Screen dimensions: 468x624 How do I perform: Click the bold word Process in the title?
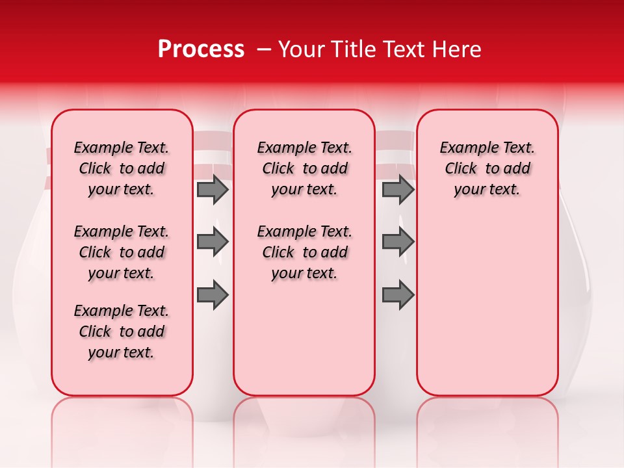point(201,49)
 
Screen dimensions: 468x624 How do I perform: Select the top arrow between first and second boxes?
point(213,190)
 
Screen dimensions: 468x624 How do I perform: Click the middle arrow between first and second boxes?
point(213,242)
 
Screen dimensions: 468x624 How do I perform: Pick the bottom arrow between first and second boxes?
point(213,295)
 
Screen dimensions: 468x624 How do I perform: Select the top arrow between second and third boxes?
point(398,190)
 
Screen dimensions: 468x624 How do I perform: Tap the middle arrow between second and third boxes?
point(398,242)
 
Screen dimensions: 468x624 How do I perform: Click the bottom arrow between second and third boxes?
point(398,295)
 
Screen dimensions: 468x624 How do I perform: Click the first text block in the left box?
point(122,168)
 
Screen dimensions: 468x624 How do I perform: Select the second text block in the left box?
point(122,252)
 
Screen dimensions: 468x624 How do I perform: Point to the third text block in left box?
point(122,331)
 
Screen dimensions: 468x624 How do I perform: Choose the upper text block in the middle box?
point(304,168)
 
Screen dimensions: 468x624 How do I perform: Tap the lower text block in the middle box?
point(304,252)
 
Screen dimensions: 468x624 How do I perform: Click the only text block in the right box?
point(487,168)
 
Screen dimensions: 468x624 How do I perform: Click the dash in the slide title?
point(264,50)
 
